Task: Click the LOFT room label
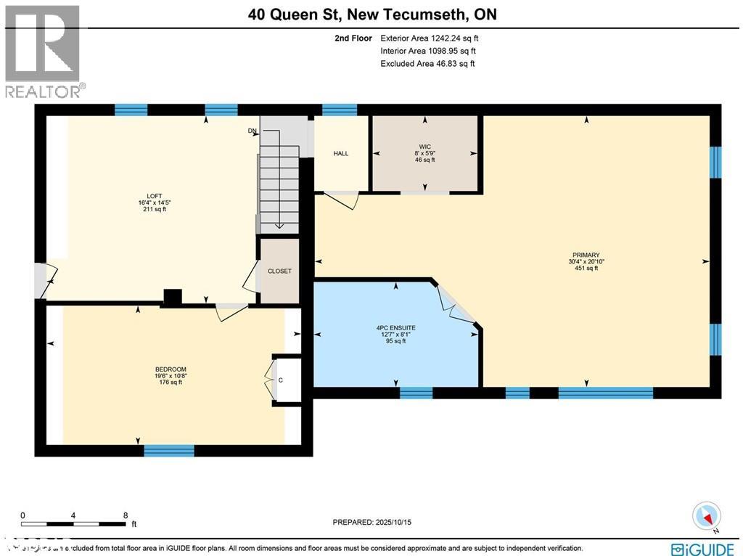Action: coord(154,195)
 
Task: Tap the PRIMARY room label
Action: coord(586,255)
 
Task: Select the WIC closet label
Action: coord(424,147)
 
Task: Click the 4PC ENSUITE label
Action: coord(395,328)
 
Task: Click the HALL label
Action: coord(341,154)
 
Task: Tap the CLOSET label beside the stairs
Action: coord(279,271)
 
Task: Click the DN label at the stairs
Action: coord(252,131)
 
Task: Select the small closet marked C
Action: coord(280,380)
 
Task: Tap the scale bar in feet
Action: coord(74,523)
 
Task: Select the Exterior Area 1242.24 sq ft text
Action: coord(429,38)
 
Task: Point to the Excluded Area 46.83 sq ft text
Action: coord(427,64)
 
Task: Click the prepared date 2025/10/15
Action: coord(371,522)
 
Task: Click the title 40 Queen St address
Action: coord(371,14)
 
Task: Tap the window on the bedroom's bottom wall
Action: coord(169,451)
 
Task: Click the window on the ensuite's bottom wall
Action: coord(416,393)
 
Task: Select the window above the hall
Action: coord(340,110)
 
